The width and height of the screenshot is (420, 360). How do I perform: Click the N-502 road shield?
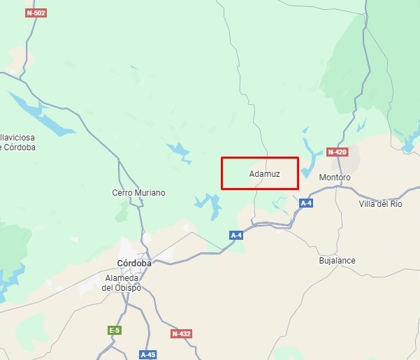click(x=34, y=13)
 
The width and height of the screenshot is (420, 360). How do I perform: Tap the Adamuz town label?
click(x=264, y=174)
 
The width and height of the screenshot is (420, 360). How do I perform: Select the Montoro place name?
click(x=335, y=178)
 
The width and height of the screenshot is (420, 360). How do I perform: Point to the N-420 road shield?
click(x=337, y=152)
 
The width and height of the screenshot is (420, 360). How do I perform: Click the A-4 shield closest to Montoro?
click(x=306, y=203)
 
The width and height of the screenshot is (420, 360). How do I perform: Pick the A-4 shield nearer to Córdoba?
click(x=236, y=236)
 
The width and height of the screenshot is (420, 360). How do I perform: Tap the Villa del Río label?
click(x=380, y=203)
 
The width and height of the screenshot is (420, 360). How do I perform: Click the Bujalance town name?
click(x=337, y=261)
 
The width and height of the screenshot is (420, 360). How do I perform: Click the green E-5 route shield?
click(x=114, y=330)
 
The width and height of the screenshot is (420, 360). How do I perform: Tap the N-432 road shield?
click(x=181, y=334)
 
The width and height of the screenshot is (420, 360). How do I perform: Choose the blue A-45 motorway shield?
click(x=148, y=354)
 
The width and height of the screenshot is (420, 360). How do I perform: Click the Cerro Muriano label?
click(x=139, y=192)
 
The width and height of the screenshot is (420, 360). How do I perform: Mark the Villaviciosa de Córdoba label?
click(x=17, y=143)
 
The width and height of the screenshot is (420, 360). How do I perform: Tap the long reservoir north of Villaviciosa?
click(x=42, y=115)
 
